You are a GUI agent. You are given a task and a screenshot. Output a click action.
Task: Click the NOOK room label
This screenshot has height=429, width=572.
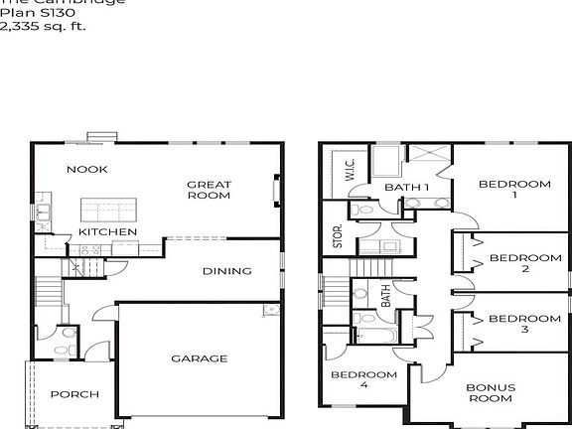[x=86, y=170]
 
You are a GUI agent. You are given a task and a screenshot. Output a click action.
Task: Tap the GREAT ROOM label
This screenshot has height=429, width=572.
[x=209, y=190]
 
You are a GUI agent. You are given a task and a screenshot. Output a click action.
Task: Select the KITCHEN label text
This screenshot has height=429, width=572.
[x=107, y=231]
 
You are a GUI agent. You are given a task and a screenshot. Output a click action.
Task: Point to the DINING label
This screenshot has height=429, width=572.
[x=226, y=271]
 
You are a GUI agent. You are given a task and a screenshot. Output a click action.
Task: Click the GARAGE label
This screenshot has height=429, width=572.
[x=199, y=358]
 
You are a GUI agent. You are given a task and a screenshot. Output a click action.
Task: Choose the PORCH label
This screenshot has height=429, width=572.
[x=74, y=394]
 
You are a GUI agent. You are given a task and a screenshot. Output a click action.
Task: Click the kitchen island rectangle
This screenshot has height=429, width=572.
[x=108, y=210]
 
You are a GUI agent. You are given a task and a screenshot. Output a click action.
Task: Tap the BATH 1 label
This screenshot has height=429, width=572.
[x=407, y=187]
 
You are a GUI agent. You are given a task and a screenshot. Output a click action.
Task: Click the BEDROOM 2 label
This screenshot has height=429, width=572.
[x=526, y=263]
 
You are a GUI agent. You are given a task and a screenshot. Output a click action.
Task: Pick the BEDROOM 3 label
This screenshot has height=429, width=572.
[x=526, y=325]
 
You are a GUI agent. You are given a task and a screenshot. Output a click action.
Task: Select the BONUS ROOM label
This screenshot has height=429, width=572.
[x=491, y=392]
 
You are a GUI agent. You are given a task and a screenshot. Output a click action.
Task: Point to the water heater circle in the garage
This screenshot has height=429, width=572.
[x=269, y=311]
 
